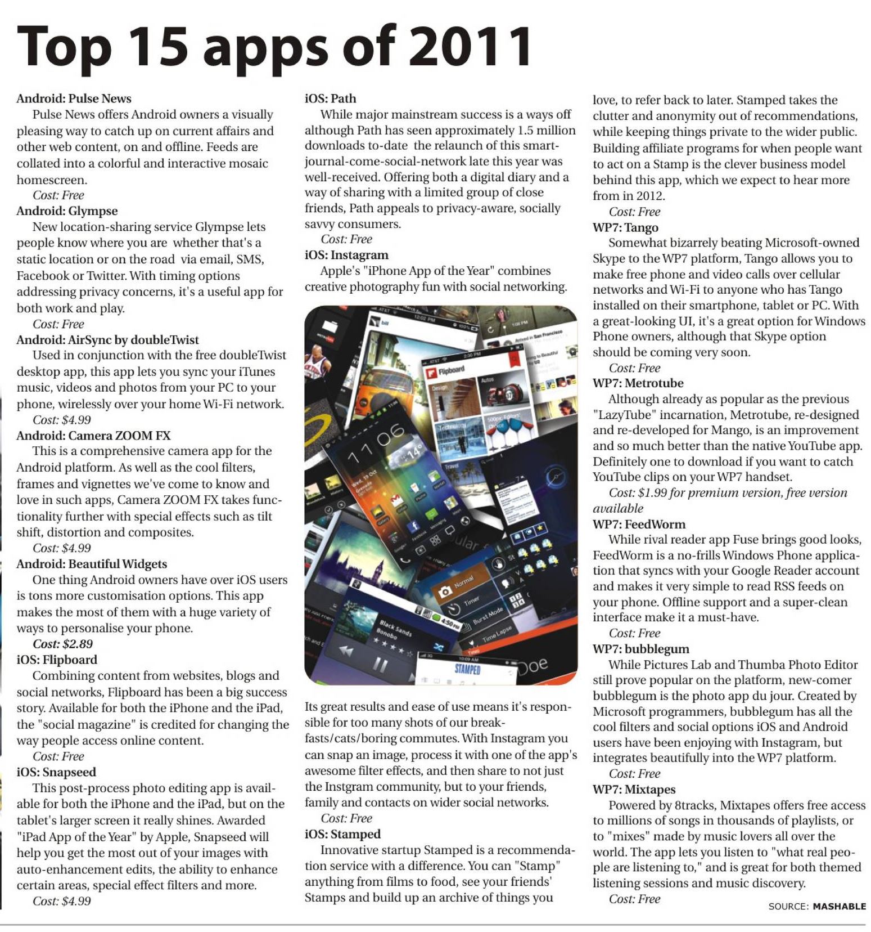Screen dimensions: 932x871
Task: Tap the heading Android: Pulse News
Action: coord(74,98)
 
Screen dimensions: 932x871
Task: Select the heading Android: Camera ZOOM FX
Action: coord(93,435)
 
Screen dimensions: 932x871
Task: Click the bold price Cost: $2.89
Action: coord(62,644)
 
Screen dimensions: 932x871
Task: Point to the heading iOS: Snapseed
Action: coord(56,772)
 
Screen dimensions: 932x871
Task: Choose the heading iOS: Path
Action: coord(330,98)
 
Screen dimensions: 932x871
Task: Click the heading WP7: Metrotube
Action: coord(638,383)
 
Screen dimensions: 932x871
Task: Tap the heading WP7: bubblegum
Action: coord(640,648)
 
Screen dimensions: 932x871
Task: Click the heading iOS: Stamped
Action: coord(342,834)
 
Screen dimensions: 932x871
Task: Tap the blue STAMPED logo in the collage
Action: coord(467,669)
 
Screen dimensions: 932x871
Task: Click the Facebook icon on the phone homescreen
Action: coord(413,526)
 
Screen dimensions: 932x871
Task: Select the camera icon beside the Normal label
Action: coord(445,590)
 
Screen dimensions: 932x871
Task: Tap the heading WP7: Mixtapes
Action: coord(634,789)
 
